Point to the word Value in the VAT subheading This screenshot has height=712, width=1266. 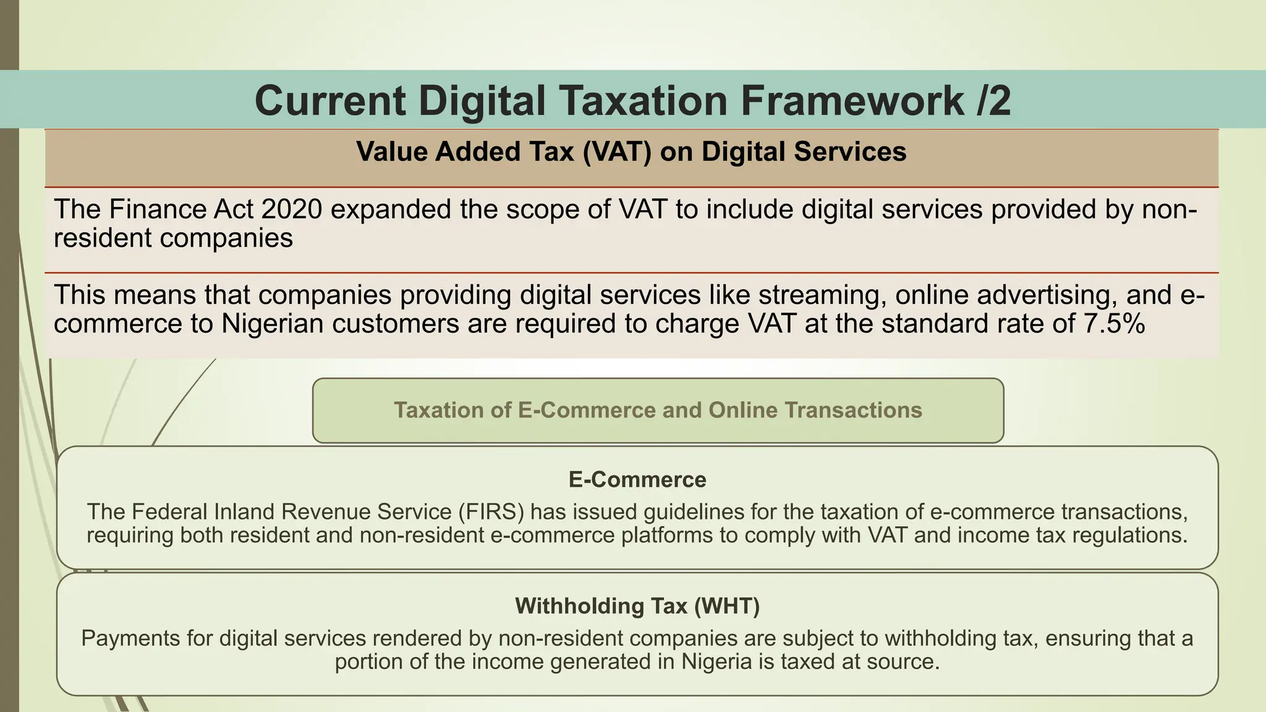point(392,152)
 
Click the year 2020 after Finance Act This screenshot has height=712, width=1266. point(291,210)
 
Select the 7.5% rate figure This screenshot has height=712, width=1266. point(1115,324)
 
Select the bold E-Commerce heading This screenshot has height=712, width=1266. point(637,480)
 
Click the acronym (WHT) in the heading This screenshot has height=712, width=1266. point(726,606)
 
